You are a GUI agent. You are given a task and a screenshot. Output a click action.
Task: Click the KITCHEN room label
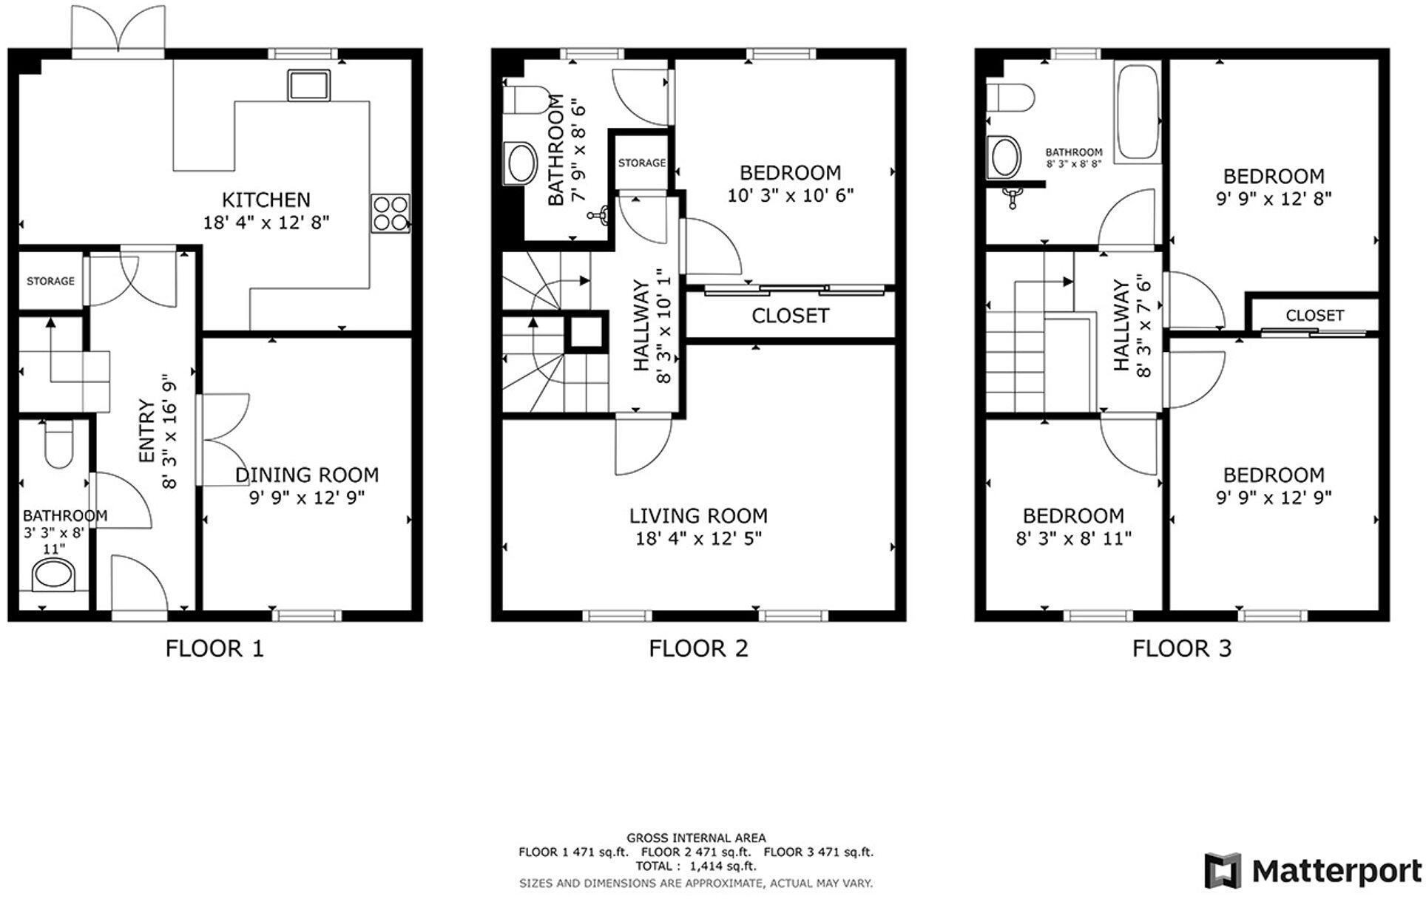click(x=266, y=200)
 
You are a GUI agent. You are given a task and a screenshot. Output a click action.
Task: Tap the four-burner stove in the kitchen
click(x=391, y=213)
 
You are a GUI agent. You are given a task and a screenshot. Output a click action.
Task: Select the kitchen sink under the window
click(x=309, y=86)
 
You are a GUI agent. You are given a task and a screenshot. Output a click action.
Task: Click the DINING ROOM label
click(x=307, y=475)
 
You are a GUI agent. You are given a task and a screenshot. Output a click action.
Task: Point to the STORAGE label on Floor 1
click(x=50, y=281)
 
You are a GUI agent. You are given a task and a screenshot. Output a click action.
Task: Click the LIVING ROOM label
click(x=698, y=515)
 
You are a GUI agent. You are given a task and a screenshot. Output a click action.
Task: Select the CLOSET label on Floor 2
click(x=790, y=316)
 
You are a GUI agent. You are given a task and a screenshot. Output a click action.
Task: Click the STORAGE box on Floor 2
click(x=641, y=163)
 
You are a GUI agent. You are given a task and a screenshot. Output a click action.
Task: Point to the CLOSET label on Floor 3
click(x=1314, y=316)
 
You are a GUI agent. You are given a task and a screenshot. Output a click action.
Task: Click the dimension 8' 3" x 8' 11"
click(x=1073, y=538)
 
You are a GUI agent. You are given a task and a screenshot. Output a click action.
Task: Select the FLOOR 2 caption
click(x=698, y=648)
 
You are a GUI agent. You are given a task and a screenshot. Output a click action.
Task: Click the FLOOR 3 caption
click(x=1181, y=648)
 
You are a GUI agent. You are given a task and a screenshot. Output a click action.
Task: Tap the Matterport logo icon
click(x=1222, y=870)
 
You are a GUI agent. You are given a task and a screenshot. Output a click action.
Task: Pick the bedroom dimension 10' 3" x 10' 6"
click(x=790, y=195)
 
